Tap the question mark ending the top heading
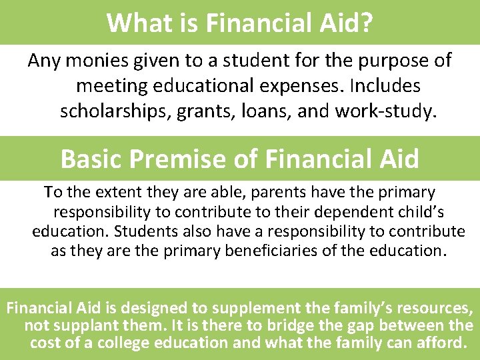366,22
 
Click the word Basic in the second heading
91,159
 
